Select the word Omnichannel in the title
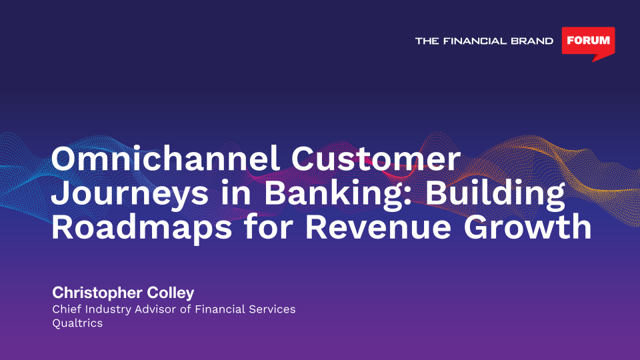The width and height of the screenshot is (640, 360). tap(165, 159)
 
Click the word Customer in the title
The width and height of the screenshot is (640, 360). tap(376, 159)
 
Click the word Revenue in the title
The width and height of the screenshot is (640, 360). tap(379, 227)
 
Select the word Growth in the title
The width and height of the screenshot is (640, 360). tap(527, 227)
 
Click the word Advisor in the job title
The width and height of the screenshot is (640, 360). tap(157, 309)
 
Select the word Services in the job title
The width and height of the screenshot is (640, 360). tap(272, 309)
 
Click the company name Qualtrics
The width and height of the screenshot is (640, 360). tap(77, 323)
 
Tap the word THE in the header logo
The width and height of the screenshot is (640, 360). tap(427, 41)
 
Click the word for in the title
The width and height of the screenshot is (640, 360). tap(269, 227)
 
